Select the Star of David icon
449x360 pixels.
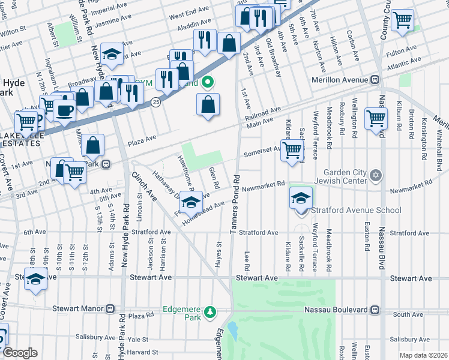pyautogui.click(x=376, y=175)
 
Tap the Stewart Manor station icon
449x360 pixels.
pyautogui.click(x=110, y=309)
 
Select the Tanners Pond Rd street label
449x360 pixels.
pyautogui.click(x=237, y=205)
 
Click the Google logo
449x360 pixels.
pyautogui.click(x=20, y=353)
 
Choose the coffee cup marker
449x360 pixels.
pyautogui.click(x=64, y=110)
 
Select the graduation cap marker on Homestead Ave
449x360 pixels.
pyautogui.click(x=191, y=203)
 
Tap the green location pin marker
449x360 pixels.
pyautogui.click(x=208, y=82)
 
